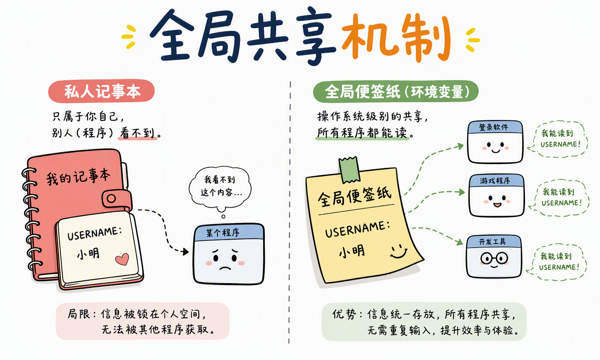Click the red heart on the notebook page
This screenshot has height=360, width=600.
click(x=122, y=259)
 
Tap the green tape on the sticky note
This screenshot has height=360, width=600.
click(x=350, y=170)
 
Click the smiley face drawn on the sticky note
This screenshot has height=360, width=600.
click(x=398, y=251)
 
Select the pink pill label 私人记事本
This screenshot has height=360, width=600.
click(x=101, y=91)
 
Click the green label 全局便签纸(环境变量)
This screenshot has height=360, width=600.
click(x=396, y=91)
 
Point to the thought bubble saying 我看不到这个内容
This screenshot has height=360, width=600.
click(x=220, y=187)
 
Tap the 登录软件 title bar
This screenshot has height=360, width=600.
click(x=495, y=127)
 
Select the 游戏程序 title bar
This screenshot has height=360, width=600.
click(x=496, y=180)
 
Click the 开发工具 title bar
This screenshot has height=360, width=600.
click(x=494, y=241)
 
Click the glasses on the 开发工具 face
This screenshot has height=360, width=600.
click(x=494, y=258)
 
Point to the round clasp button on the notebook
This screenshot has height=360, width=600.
click(x=111, y=199)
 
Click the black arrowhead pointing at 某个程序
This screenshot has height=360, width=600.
click(x=185, y=252)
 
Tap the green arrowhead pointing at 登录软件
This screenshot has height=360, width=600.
click(x=461, y=146)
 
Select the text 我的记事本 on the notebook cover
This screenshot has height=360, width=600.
click(x=78, y=177)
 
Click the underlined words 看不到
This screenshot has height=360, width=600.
click(x=137, y=133)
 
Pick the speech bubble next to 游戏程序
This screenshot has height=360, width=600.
click(x=560, y=197)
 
